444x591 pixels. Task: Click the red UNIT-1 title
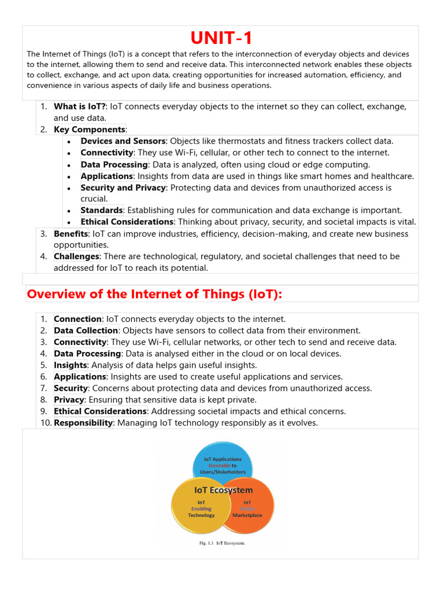tap(221, 39)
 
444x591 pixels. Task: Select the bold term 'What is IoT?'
tap(80, 106)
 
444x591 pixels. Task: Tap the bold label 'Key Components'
tap(89, 129)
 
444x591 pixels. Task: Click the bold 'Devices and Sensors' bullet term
tap(123, 141)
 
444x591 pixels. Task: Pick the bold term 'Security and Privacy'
tap(123, 188)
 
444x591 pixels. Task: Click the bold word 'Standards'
tap(101, 210)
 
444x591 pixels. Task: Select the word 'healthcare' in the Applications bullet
tap(390, 176)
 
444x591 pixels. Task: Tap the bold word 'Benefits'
tap(71, 233)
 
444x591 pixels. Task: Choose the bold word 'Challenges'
tap(77, 256)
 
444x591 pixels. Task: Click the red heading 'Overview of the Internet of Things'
tap(154, 294)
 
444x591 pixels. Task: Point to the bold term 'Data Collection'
tap(86, 330)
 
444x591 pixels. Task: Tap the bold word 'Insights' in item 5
tap(70, 365)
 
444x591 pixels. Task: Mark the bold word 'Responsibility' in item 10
tap(83, 422)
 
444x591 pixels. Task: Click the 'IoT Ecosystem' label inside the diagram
tap(223, 490)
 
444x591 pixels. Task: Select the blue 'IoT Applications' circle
tap(223, 462)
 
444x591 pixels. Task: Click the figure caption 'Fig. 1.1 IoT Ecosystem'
tap(222, 543)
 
